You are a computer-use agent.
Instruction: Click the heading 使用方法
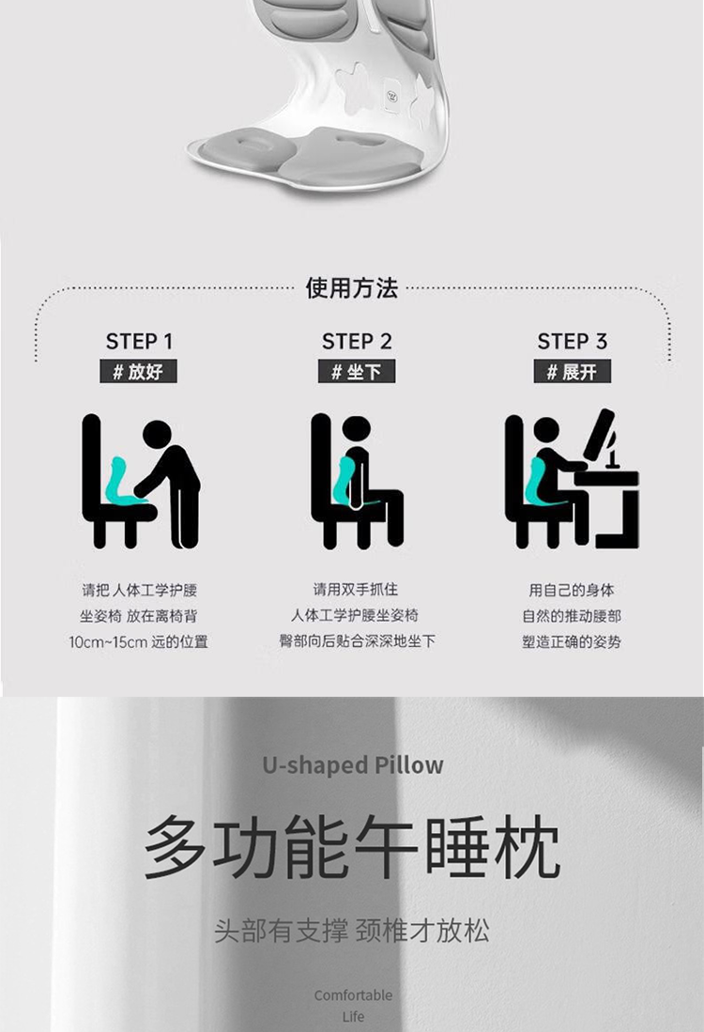tap(352, 288)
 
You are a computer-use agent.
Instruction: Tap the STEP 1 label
tap(139, 342)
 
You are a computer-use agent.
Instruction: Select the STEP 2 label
tap(357, 342)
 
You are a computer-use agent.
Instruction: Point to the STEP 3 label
tap(572, 342)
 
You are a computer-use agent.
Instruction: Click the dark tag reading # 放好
tap(138, 371)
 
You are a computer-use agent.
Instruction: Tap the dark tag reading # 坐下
tap(357, 371)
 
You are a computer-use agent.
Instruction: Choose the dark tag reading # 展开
tap(572, 371)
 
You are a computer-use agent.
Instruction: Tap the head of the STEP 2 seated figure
tap(356, 431)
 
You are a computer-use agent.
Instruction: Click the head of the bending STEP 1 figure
tap(158, 435)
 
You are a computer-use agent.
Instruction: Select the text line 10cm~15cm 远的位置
tap(138, 641)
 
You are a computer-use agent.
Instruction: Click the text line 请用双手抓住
tap(356, 589)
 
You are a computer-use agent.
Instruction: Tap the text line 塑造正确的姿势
tap(571, 641)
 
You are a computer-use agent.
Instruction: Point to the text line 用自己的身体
tap(571, 590)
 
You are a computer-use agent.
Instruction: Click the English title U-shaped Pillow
tap(353, 764)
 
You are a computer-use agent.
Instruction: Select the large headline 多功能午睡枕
tap(352, 847)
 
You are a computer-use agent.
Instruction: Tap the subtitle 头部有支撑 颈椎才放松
tap(352, 931)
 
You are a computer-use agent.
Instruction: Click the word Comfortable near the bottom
tap(353, 995)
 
